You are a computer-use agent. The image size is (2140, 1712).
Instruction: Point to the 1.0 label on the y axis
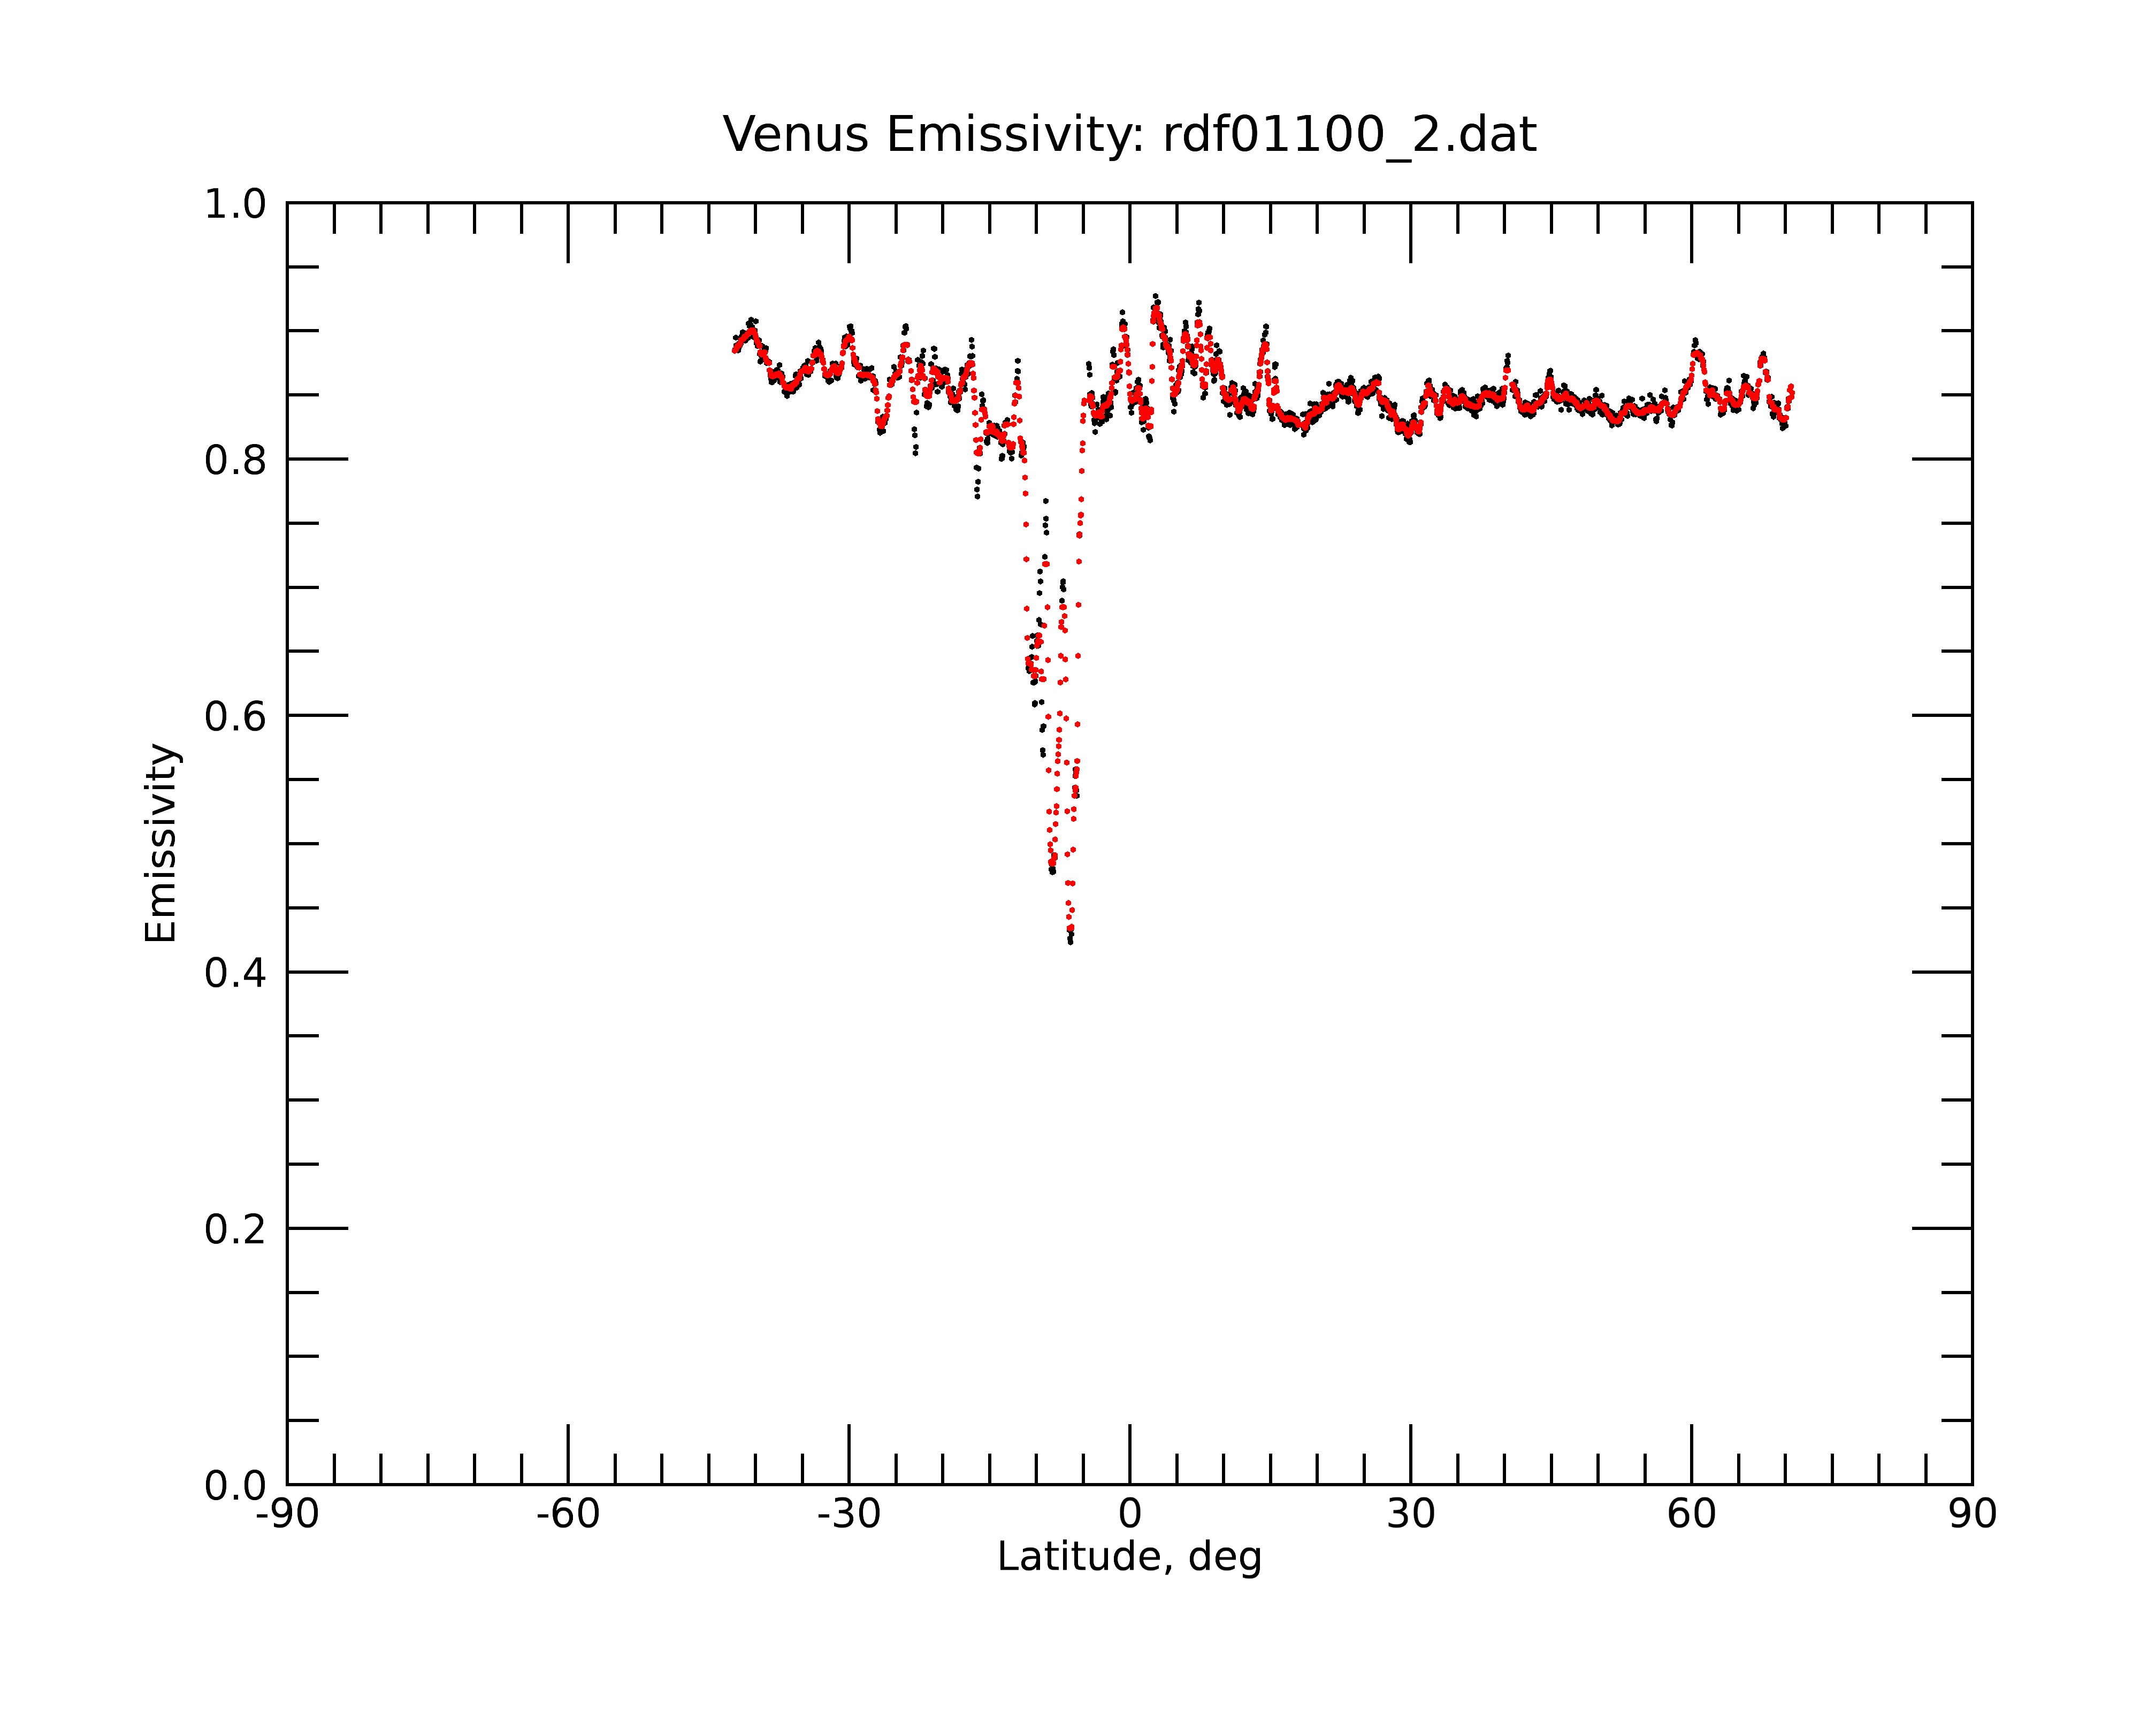click(x=235, y=204)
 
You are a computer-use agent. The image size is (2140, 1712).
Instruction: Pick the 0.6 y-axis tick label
click(x=235, y=716)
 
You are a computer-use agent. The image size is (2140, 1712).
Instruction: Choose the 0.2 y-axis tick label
click(x=235, y=1229)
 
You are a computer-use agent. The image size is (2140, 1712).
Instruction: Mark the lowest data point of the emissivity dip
click(x=1070, y=941)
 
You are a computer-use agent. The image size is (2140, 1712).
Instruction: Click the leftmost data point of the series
click(x=735, y=349)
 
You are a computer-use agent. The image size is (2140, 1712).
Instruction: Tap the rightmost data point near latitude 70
click(x=1792, y=387)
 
